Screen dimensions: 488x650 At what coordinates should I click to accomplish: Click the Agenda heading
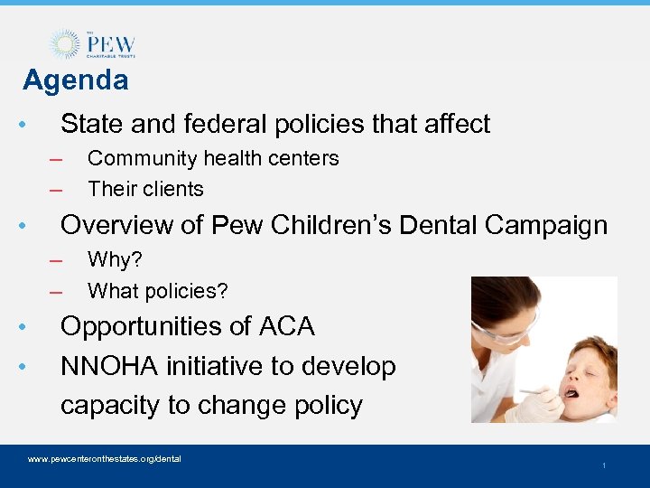(76, 80)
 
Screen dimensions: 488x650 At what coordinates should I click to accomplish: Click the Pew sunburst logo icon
(65, 44)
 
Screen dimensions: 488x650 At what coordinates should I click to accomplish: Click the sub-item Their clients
(145, 189)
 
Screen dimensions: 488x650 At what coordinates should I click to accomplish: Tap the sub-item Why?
(116, 260)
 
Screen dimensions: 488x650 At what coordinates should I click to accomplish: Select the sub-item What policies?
(157, 291)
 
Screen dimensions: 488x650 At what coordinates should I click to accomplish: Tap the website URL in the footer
(105, 459)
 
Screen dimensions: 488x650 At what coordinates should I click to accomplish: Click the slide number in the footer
(603, 465)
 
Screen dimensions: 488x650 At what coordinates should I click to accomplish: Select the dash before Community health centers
(56, 159)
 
